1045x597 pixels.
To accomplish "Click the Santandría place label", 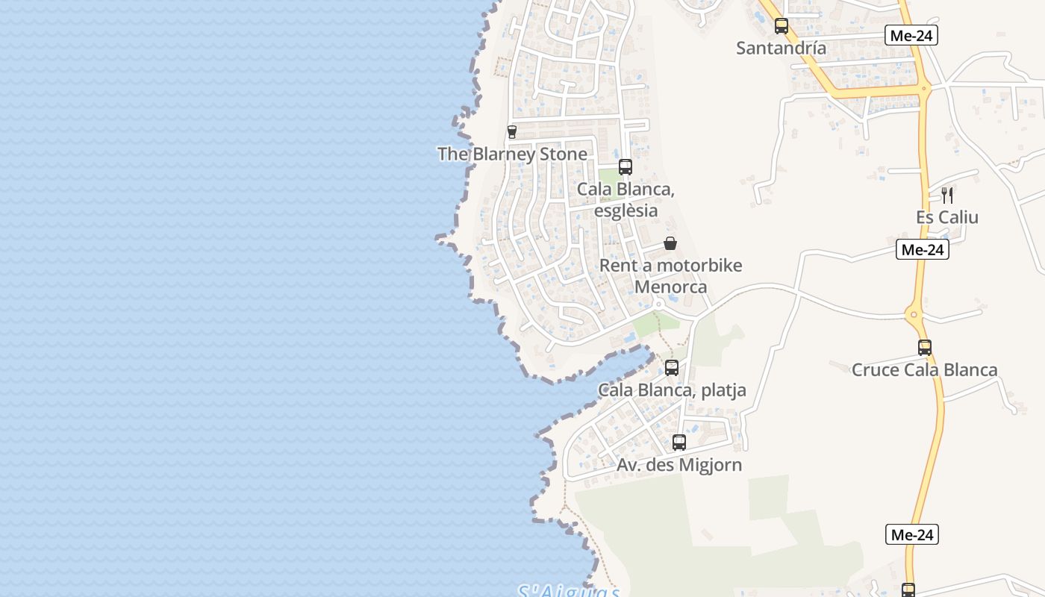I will coord(781,48).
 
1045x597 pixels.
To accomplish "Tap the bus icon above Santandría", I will coord(782,26).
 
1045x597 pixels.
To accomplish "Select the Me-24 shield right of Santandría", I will coord(911,35).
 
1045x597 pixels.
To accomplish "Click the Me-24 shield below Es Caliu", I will coord(923,250).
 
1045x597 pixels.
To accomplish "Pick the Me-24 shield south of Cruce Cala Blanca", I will coord(913,534).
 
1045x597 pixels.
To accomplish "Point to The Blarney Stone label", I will coord(512,154).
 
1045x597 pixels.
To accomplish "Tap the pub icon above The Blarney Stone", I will coord(512,132).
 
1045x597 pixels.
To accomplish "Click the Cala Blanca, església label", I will coord(626,200).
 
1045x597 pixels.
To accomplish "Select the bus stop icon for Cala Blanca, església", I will coord(626,167).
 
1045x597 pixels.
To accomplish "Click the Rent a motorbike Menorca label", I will coord(670,276).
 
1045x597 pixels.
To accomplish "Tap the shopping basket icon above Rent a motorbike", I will coord(670,243).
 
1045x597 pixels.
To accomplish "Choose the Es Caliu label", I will coord(946,217).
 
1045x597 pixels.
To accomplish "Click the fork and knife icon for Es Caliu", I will coord(946,196).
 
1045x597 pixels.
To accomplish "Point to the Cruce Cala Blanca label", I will coord(924,369).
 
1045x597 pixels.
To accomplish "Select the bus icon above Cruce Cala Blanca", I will coord(925,348).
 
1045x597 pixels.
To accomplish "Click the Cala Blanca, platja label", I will coord(672,390).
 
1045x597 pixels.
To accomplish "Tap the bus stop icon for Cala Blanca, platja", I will coord(672,368).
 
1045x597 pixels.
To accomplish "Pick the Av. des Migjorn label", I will coord(679,465).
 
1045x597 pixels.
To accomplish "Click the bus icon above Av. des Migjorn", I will coord(679,443).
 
